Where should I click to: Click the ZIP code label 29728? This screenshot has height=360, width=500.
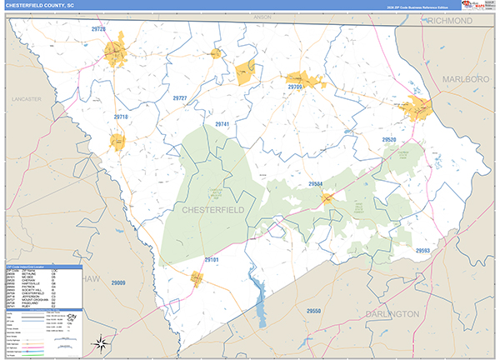[x=98, y=29]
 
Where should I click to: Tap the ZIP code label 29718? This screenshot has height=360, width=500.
[x=121, y=117]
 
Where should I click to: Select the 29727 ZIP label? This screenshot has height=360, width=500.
[x=180, y=98]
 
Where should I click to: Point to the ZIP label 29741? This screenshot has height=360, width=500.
[x=222, y=123]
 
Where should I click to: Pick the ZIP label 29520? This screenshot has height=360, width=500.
[x=389, y=139]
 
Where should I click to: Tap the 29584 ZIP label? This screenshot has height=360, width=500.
[x=315, y=183]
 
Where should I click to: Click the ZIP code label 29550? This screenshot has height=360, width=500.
[x=312, y=310]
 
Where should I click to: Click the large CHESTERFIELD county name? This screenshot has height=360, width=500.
[x=213, y=210]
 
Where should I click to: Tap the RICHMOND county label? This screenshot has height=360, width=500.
[x=451, y=21]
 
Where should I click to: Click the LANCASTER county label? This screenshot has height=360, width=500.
[x=26, y=98]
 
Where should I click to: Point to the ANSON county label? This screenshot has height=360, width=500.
[x=263, y=16]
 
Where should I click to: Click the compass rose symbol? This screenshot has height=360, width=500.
[x=100, y=342]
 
